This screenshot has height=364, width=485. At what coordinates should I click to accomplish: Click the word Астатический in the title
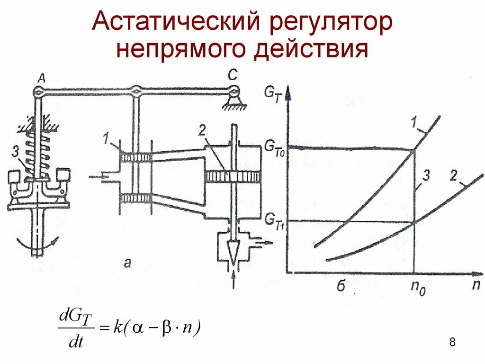tap(178, 23)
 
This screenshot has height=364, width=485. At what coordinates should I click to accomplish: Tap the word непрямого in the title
tap(180, 49)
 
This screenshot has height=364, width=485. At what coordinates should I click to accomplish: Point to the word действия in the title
tap(310, 49)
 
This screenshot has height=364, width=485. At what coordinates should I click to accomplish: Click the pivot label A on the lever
tap(41, 79)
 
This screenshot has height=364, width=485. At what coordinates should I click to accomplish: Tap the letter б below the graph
tap(341, 285)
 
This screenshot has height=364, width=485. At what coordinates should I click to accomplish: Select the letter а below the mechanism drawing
tap(127, 264)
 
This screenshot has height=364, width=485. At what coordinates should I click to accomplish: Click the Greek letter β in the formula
tap(166, 328)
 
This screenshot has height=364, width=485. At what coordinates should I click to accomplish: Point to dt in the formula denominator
tap(76, 342)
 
